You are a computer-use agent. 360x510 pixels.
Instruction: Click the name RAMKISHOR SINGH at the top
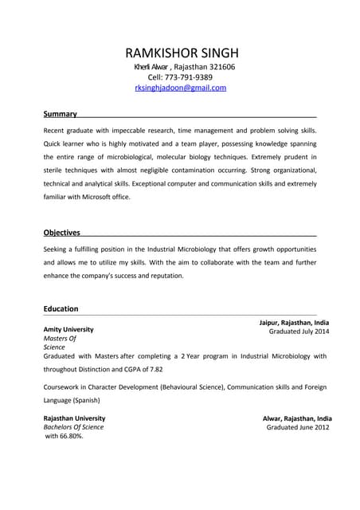(x=182, y=53)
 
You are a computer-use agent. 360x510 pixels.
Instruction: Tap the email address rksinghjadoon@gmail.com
(x=181, y=88)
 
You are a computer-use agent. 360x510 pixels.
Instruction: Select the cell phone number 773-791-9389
(x=192, y=77)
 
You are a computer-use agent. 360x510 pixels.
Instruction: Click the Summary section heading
(x=60, y=114)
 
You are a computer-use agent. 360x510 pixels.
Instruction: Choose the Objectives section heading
(x=61, y=233)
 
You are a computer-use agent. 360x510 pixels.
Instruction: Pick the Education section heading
(x=61, y=308)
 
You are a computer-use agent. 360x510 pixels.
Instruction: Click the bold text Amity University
(x=68, y=329)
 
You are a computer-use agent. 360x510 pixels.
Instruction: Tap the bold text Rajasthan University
(x=74, y=418)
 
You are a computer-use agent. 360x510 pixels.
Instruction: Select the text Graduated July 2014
(x=299, y=331)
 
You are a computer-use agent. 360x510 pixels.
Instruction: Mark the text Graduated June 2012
(x=297, y=427)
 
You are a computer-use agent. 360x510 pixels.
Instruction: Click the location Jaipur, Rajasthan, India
(x=294, y=322)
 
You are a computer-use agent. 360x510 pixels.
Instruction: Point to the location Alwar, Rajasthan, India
(x=297, y=418)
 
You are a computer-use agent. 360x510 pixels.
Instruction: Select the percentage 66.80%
(x=70, y=436)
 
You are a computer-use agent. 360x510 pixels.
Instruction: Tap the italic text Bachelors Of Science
(x=73, y=427)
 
